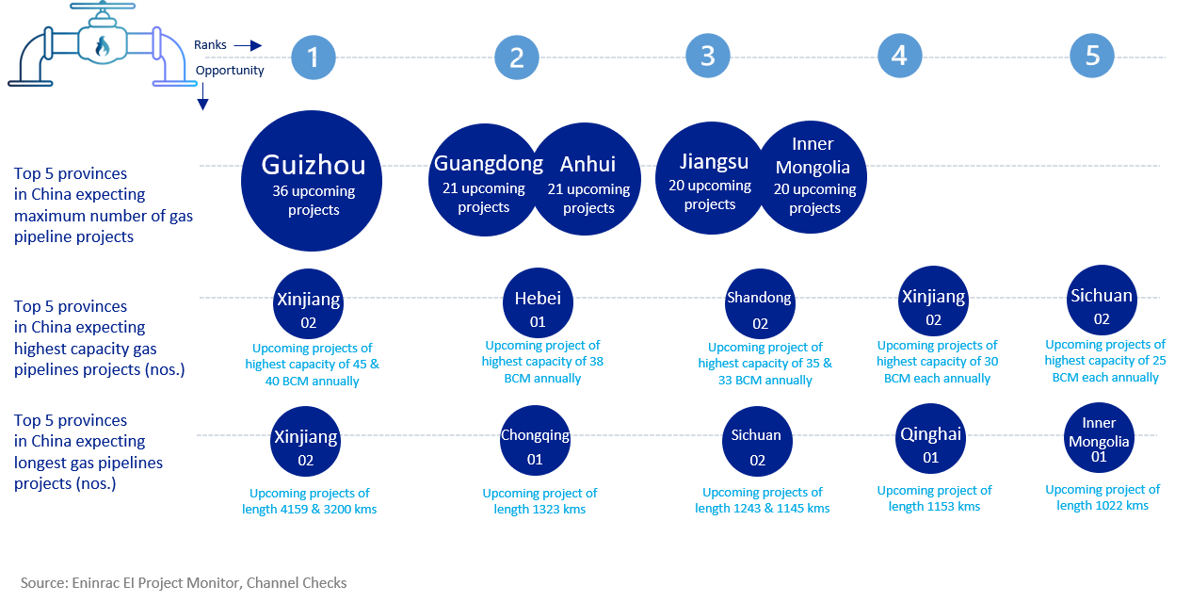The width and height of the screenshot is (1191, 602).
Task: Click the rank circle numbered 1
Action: (x=314, y=57)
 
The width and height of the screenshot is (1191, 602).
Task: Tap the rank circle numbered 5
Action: (x=1092, y=56)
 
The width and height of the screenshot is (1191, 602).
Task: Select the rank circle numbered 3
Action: (x=708, y=56)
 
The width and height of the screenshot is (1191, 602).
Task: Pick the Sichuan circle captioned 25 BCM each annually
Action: (x=1102, y=303)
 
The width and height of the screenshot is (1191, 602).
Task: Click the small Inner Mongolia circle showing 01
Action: (x=1099, y=437)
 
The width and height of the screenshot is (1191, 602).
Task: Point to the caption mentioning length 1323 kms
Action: (x=539, y=500)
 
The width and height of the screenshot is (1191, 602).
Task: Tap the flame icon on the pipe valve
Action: (x=100, y=45)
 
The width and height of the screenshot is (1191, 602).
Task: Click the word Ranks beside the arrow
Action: (x=210, y=44)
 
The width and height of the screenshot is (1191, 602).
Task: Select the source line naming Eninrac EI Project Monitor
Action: (x=184, y=583)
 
